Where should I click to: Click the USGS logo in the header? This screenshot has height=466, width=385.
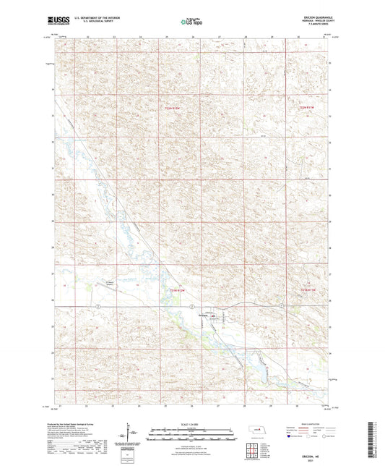[56, 22]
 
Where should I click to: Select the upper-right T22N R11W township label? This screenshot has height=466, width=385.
[307, 107]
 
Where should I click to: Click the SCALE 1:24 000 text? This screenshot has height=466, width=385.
[192, 423]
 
